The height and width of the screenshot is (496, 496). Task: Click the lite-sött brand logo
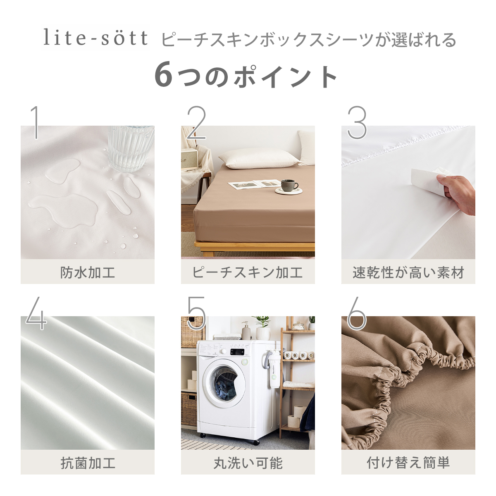95,38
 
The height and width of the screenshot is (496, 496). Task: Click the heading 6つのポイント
246,76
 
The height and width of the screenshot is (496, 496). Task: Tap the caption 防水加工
88,272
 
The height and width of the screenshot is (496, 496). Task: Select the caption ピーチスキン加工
248,272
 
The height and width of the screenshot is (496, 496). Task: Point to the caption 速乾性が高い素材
408,272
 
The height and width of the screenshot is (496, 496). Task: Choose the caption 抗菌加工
88,463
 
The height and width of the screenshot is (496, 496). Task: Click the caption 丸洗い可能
248,463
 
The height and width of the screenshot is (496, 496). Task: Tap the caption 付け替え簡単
408,463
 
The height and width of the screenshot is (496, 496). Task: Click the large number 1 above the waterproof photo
36,122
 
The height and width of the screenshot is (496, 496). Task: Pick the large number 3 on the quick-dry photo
357,122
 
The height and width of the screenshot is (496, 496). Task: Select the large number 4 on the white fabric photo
36,313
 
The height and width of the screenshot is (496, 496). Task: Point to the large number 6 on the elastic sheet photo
356,313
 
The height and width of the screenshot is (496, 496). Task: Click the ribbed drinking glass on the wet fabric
131,149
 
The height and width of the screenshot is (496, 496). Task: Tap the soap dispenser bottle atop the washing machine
246,330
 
